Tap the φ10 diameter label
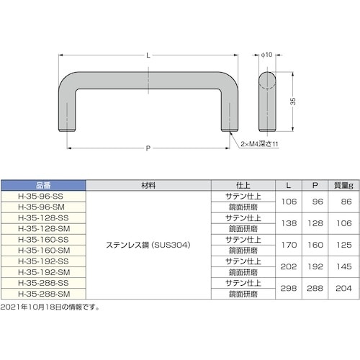[x=266, y=55]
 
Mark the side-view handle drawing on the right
[x=266, y=101]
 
